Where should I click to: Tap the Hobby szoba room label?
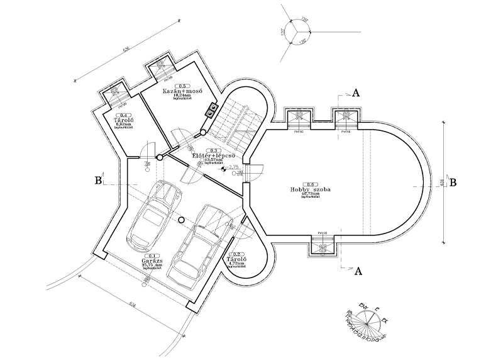311,189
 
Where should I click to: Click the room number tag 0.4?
124,115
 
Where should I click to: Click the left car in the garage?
152,216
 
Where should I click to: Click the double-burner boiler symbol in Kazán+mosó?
209,111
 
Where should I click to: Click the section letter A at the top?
356,93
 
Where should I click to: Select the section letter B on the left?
98,181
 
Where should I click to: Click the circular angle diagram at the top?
294,33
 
